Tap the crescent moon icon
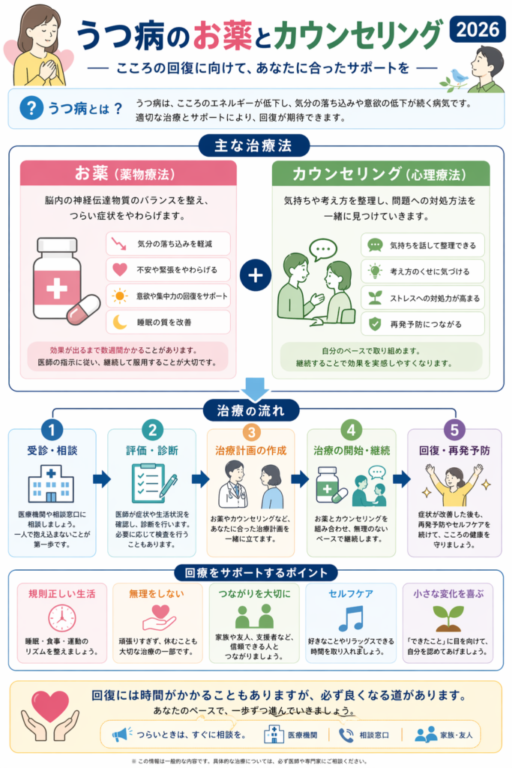119,322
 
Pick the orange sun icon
119,295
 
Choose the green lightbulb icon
374,271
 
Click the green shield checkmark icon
374,323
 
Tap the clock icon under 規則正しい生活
61,617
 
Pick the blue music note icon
350,618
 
